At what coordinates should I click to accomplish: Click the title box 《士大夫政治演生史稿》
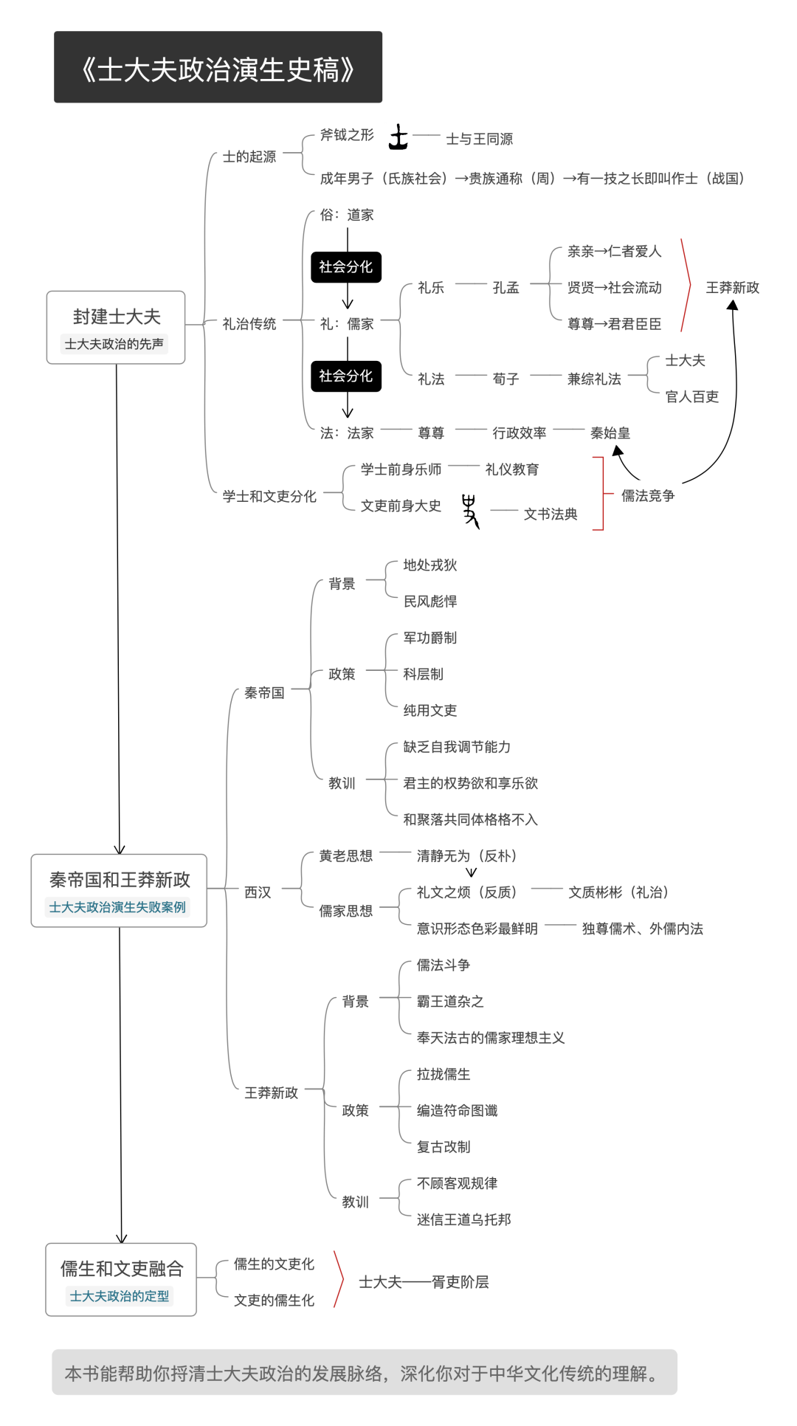click(218, 67)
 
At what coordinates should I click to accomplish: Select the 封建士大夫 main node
click(116, 327)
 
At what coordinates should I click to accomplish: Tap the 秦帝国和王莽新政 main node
click(119, 890)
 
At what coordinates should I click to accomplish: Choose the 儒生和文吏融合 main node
click(121, 1279)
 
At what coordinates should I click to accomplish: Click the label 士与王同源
click(479, 139)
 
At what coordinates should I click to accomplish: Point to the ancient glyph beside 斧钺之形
click(398, 137)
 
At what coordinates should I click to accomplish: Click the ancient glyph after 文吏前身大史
click(470, 510)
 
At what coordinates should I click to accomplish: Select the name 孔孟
click(506, 288)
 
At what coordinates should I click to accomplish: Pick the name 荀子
click(506, 379)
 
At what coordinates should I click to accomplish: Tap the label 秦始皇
click(610, 433)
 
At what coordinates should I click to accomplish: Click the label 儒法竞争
click(647, 495)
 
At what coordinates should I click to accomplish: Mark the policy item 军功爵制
click(429, 638)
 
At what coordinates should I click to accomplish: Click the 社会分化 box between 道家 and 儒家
click(346, 266)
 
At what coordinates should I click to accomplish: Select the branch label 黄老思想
click(345, 856)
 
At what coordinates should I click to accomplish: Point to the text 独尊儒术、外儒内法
click(642, 929)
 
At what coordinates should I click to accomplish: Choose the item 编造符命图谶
click(457, 1110)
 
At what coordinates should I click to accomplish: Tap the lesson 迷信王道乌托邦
click(463, 1219)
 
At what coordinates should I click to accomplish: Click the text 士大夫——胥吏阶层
click(424, 1282)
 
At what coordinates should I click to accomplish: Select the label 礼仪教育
click(512, 469)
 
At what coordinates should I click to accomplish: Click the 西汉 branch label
click(258, 892)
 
